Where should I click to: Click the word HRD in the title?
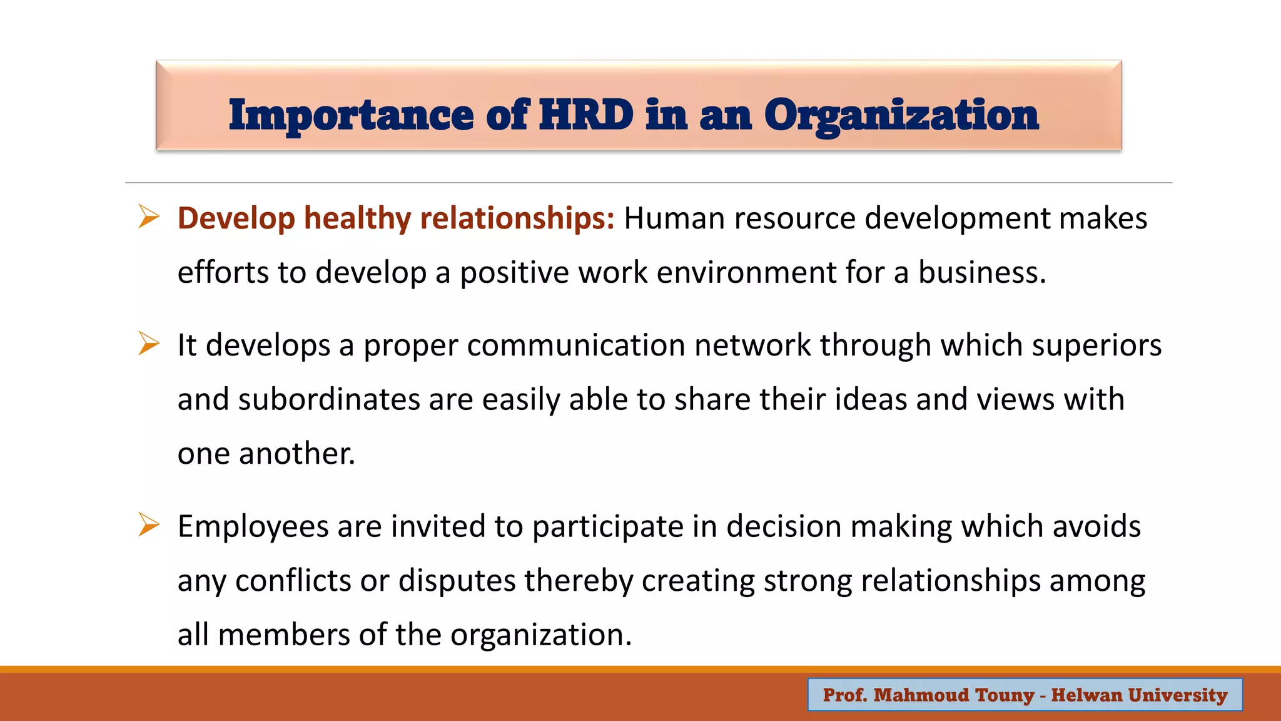(x=586, y=115)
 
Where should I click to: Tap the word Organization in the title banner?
(x=901, y=116)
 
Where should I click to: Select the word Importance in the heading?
(x=351, y=116)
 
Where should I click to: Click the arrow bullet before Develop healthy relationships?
(x=149, y=217)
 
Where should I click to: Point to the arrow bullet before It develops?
(x=149, y=344)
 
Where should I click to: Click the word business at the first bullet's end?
(x=981, y=272)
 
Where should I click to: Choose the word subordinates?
(x=329, y=399)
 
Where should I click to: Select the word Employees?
(x=253, y=526)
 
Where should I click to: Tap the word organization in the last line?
(x=540, y=635)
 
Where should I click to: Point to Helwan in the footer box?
(x=1086, y=695)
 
